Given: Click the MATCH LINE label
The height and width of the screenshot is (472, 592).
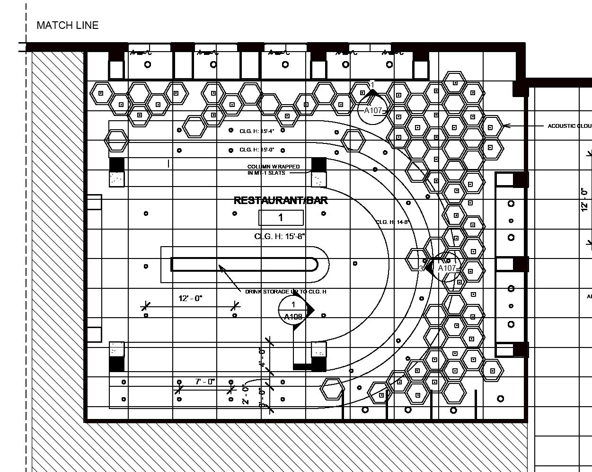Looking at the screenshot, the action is (67, 26).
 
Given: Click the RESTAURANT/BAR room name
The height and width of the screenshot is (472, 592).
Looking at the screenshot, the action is (281, 200).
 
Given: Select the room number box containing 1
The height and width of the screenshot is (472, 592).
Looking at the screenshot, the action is (281, 218).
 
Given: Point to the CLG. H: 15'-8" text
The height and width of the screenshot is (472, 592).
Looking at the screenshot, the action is (280, 236).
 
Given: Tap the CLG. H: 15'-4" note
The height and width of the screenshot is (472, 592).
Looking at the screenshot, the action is (257, 131).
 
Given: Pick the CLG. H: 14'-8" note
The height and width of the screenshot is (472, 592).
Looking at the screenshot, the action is (392, 222).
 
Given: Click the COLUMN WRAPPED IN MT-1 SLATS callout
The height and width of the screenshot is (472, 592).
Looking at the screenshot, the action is (273, 169).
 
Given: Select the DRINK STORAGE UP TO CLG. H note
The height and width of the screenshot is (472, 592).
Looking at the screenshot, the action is (285, 292).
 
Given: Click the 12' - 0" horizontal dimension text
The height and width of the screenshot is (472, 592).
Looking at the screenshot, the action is (190, 298).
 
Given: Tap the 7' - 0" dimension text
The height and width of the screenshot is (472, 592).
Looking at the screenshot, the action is (205, 381).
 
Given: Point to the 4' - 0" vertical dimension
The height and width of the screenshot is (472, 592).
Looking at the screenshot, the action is (262, 357).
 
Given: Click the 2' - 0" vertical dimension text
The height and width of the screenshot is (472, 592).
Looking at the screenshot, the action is (246, 395).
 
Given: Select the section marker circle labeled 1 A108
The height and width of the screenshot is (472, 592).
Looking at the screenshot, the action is (293, 310).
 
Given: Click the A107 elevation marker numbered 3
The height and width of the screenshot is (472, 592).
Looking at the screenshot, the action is (446, 268).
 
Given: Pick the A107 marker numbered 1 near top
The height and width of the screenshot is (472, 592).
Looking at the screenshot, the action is (373, 110).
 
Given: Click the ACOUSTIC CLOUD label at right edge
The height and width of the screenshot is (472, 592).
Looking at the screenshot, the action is (569, 126).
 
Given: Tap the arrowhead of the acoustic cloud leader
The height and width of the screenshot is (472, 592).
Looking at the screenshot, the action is (505, 126).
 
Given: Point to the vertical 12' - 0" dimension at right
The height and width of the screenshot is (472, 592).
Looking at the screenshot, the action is (585, 199).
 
